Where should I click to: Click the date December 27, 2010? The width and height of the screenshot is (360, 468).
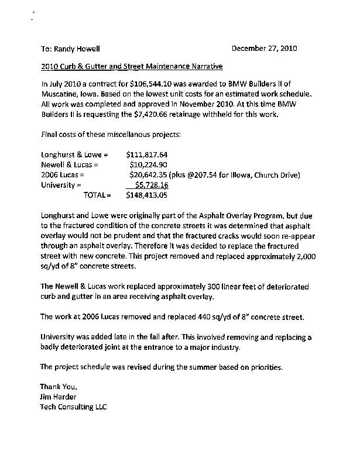[x=268, y=49]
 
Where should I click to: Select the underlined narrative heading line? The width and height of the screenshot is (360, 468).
[x=132, y=66]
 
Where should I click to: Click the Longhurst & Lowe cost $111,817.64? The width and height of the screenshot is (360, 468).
[x=147, y=155]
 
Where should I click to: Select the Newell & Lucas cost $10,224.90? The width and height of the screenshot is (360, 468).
[x=149, y=165]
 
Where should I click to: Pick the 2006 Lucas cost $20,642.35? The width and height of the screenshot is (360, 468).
[x=153, y=175]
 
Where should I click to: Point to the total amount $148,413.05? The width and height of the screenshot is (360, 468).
[x=147, y=194]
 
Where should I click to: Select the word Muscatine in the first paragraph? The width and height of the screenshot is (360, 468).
[x=61, y=95]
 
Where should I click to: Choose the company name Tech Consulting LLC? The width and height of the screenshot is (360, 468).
[x=73, y=406]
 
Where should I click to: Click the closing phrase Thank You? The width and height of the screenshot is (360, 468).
[x=59, y=387]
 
